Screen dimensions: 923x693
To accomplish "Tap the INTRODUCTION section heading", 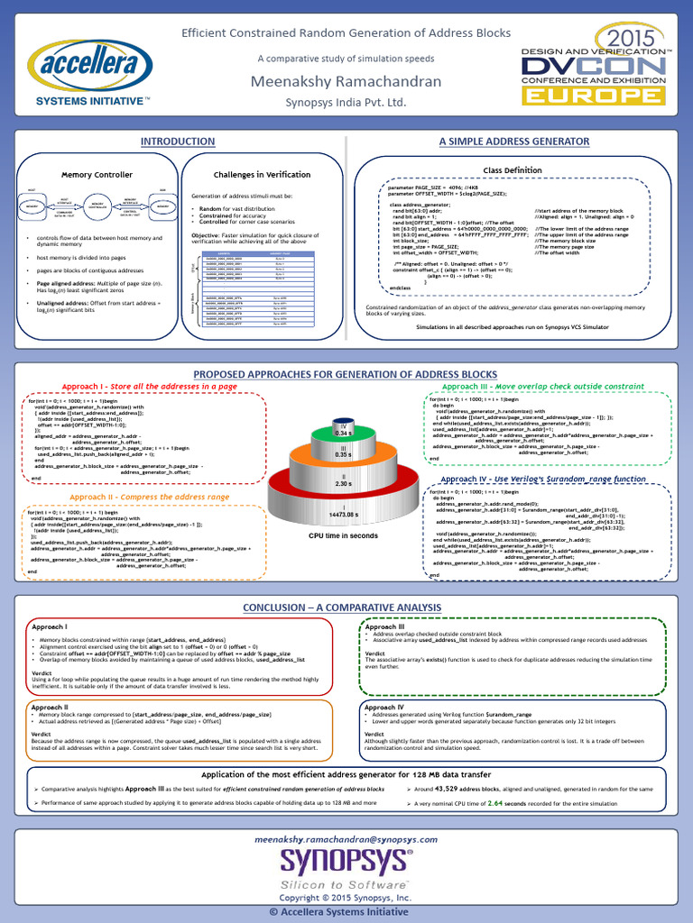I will point(177,142).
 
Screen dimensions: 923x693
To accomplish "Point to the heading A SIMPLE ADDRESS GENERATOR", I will point(513,142).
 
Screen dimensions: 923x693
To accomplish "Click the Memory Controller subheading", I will point(97,174).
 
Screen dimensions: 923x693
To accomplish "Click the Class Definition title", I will point(513,169).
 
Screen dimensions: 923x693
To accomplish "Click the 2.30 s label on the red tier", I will point(343,484).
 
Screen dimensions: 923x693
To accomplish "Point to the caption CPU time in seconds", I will point(344,535).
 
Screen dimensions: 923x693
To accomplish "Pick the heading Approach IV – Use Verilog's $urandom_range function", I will point(543,479).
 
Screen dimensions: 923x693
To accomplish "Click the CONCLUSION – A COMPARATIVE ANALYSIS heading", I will point(346,608).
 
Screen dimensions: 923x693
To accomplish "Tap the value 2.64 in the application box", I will point(495,802).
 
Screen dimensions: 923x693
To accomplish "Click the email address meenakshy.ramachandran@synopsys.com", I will point(346,837).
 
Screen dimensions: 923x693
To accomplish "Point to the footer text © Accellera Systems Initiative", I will point(346,911).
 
